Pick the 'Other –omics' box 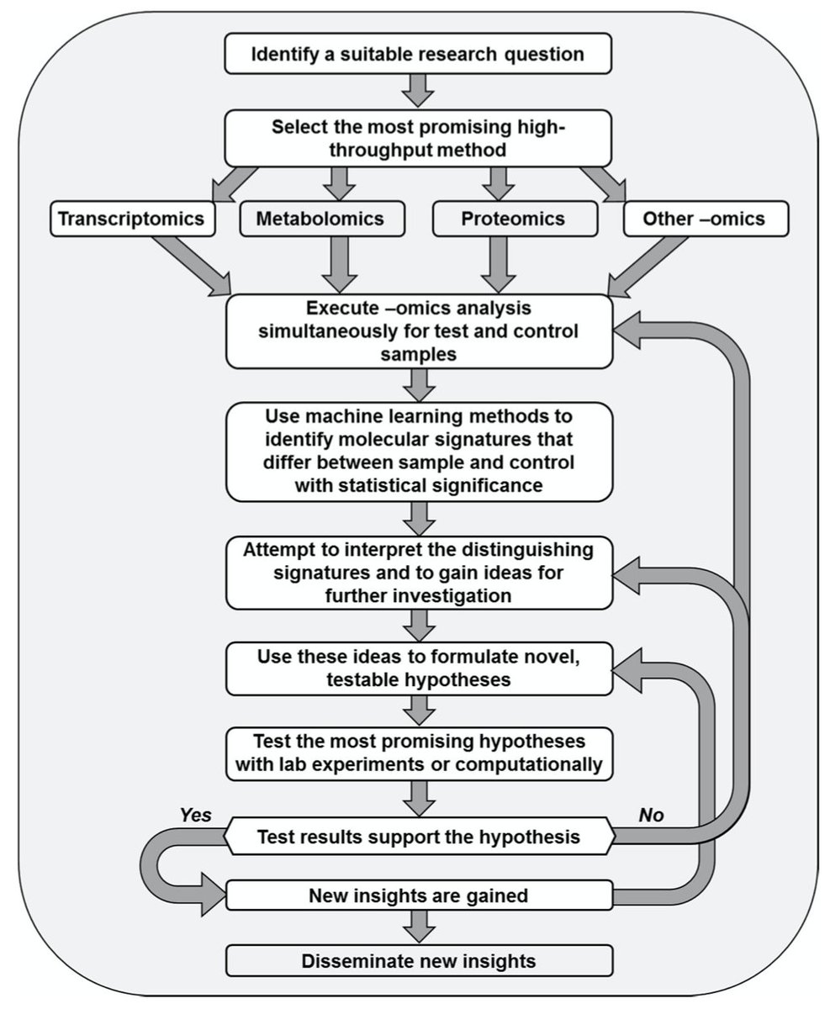click(x=704, y=219)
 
